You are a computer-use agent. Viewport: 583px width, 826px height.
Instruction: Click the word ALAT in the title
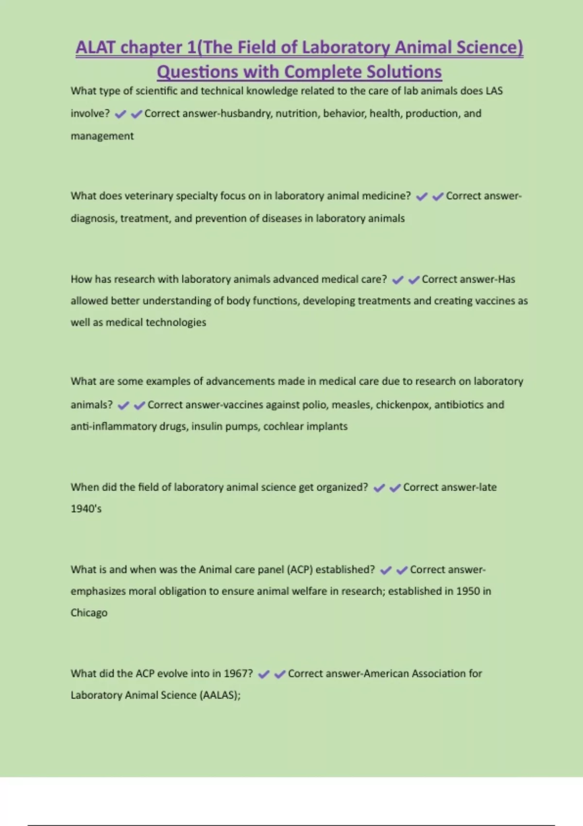(x=95, y=47)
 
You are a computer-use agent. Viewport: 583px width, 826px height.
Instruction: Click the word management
(x=102, y=136)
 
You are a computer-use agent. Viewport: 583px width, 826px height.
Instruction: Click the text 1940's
(x=86, y=509)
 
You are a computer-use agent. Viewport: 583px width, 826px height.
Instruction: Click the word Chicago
(x=89, y=613)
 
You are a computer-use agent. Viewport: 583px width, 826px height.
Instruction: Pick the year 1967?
(x=238, y=673)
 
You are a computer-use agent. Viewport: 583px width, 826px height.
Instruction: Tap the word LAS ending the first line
(x=494, y=91)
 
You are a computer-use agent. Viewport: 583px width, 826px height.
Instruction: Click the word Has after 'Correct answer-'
(x=506, y=279)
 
